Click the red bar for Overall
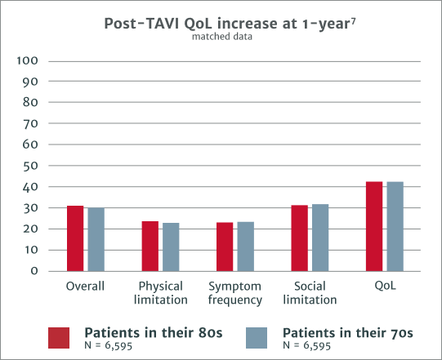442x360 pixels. (x=76, y=238)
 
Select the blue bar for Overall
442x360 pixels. (x=96, y=239)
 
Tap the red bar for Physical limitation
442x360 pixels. (x=150, y=246)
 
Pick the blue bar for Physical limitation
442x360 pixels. (x=171, y=247)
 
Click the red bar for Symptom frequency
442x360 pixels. (x=225, y=247)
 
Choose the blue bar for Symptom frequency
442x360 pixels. (x=245, y=246)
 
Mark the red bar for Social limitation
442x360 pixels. (x=300, y=238)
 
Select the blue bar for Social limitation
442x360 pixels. (x=320, y=238)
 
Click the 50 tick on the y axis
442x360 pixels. (x=31, y=167)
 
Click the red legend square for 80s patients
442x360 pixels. (x=59, y=338)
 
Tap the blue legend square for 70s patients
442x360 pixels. (x=258, y=338)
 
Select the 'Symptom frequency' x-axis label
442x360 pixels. (x=234, y=294)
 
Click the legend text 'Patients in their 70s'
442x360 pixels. (x=347, y=333)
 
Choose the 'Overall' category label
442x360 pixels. (x=85, y=287)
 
